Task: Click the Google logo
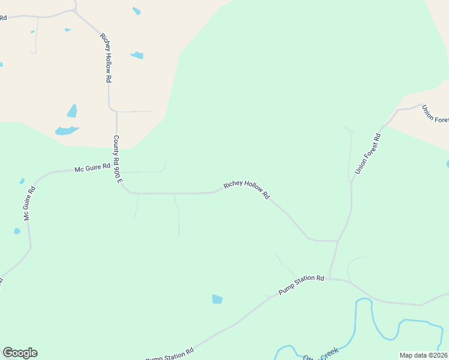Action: coord(20,353)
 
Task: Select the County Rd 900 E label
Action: coord(118,160)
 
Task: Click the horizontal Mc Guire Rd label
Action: coord(92,167)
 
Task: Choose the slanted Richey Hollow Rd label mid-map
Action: coord(247,190)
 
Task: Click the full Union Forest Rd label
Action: coord(368,154)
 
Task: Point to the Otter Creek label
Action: coord(321,354)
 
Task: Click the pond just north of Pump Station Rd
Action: coord(217,299)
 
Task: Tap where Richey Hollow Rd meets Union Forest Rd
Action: coord(338,241)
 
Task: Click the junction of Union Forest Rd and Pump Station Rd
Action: coord(330,278)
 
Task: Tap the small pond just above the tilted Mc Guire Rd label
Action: coord(22,181)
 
